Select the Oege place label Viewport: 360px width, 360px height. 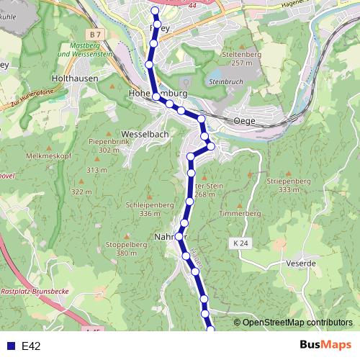point(244,122)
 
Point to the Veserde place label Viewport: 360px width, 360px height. point(301,264)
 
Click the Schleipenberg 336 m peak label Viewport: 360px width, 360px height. point(150,209)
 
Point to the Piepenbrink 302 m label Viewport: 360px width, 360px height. point(109,145)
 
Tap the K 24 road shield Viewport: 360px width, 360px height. point(241,244)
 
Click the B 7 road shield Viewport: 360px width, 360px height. point(97,35)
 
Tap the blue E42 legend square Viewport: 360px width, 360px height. point(9,346)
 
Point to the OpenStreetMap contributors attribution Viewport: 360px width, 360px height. point(297,323)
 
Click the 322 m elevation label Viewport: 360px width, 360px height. point(81,192)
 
